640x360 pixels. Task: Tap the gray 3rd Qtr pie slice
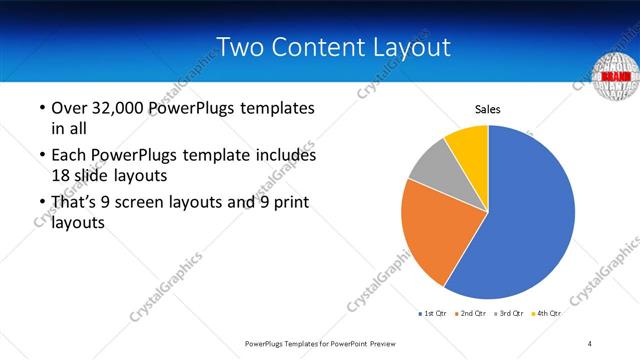[431, 164]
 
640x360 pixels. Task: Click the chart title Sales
[487, 109]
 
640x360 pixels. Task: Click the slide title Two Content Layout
[333, 47]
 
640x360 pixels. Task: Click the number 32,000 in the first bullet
[119, 108]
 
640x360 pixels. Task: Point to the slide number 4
[590, 343]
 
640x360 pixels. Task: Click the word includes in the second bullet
[286, 156]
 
